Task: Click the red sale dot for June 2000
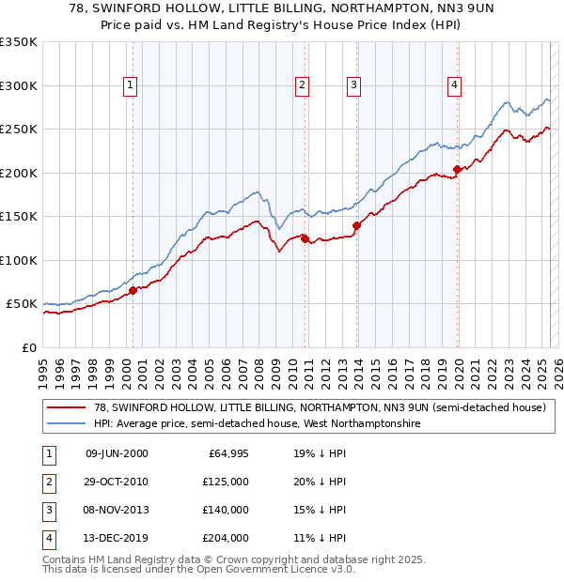(x=133, y=290)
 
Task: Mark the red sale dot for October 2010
(x=305, y=238)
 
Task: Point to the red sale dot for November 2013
(x=356, y=225)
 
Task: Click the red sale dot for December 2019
(x=458, y=170)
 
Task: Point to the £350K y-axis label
(x=19, y=42)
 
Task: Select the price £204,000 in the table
(x=227, y=538)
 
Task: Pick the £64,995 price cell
(x=227, y=453)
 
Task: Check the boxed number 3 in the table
(x=48, y=510)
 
